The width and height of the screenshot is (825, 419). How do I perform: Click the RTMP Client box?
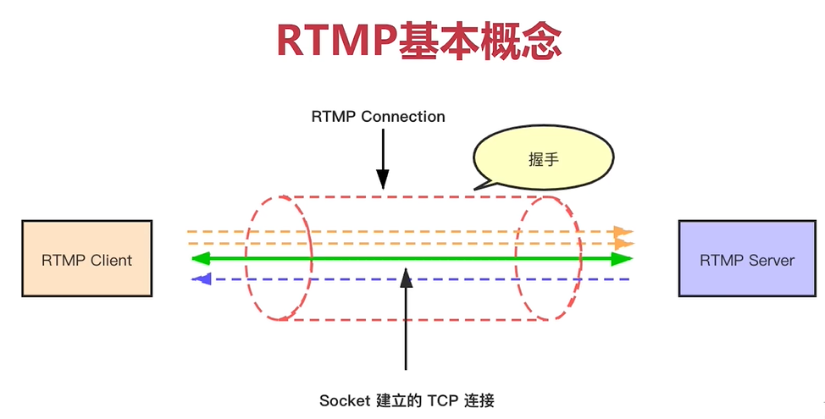coord(87,259)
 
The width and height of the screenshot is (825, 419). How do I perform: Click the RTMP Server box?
coord(746,259)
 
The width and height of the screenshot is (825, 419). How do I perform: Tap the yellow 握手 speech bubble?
coord(543,159)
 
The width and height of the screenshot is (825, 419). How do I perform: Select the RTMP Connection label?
coord(378,117)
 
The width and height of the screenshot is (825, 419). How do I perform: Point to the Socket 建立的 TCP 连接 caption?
coord(407,400)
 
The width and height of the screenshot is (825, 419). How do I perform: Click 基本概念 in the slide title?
coord(480,40)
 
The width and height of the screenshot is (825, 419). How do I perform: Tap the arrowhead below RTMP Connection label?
coord(383,179)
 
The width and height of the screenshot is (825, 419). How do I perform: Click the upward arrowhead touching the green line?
coord(407,278)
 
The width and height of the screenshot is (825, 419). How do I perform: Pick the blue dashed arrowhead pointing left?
coord(201,278)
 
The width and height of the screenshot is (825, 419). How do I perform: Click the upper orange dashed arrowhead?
coord(623,231)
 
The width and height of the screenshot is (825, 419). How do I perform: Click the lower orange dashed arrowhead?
coord(623,244)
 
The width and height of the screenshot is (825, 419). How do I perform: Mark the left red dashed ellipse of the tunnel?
coord(278,258)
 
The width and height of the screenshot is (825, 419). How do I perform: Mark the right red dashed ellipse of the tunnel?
coord(549,258)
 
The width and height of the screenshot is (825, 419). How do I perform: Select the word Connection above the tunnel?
coord(403,117)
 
